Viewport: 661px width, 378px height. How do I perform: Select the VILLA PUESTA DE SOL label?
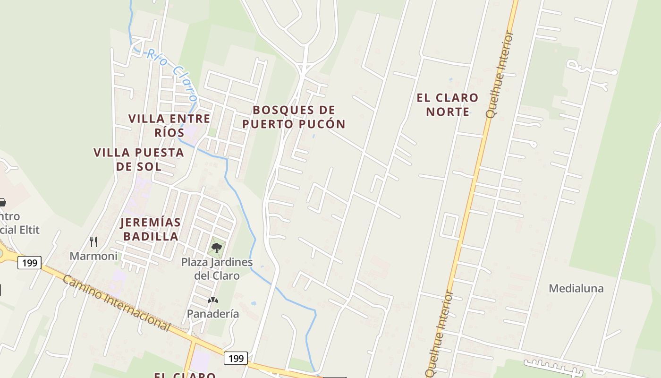pyautogui.click(x=138, y=159)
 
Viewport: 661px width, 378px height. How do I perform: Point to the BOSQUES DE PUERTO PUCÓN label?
pyautogui.click(x=294, y=117)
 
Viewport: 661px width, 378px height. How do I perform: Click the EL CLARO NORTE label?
pyautogui.click(x=447, y=104)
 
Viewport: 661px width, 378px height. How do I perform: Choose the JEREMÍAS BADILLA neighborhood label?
pyautogui.click(x=150, y=229)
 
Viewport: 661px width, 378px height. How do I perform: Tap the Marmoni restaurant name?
pyautogui.click(x=93, y=256)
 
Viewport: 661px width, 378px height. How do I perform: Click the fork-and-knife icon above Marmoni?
pyautogui.click(x=93, y=242)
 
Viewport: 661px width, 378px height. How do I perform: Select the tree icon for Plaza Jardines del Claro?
pyautogui.click(x=217, y=248)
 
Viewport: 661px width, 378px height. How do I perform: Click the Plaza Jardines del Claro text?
pyautogui.click(x=217, y=268)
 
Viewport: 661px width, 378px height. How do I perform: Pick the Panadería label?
pyautogui.click(x=213, y=314)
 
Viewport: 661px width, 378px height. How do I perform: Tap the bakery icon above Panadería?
pyautogui.click(x=213, y=300)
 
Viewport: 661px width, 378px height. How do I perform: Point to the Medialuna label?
pyautogui.click(x=576, y=288)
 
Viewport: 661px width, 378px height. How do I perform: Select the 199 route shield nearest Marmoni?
pyautogui.click(x=29, y=262)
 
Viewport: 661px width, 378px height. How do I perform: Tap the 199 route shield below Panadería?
pyautogui.click(x=236, y=358)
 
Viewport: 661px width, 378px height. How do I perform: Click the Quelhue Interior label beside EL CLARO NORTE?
pyautogui.click(x=499, y=75)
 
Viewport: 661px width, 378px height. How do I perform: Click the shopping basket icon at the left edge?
pyautogui.click(x=2, y=202)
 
